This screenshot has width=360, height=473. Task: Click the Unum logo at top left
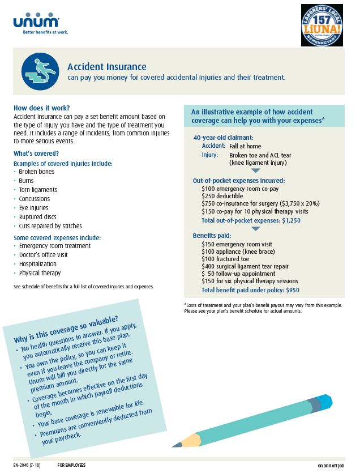36,22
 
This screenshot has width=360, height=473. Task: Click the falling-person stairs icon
40,71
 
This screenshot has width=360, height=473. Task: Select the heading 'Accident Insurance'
106,67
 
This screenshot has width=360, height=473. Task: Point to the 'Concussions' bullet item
35,199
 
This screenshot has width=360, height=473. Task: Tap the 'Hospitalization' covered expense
38,264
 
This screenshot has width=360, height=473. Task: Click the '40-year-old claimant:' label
223,137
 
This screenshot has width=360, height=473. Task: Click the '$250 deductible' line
222,196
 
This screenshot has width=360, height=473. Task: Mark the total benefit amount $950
292,290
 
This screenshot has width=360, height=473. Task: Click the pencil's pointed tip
173,446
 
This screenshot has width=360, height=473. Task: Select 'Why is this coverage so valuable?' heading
66,329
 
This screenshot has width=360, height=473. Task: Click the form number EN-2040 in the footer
24,465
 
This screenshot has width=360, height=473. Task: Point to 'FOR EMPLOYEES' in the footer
71,465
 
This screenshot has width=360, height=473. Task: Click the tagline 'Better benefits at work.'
45,32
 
